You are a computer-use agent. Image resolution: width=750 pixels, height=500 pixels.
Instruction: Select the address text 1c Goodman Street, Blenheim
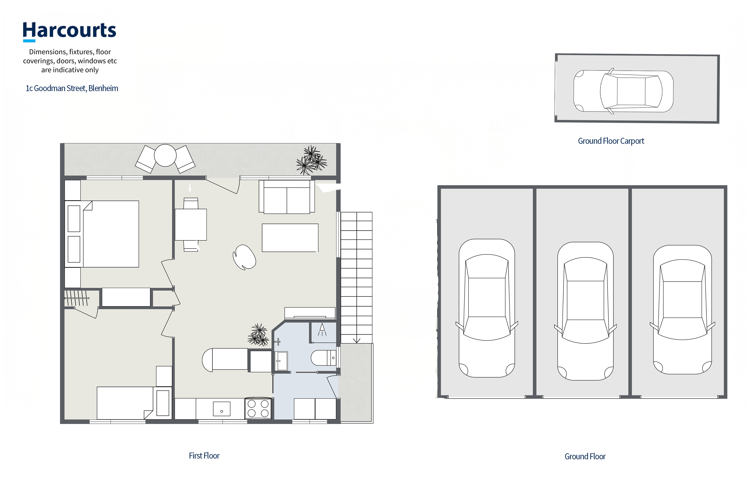72,88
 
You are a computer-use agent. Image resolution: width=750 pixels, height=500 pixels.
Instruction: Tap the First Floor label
204,456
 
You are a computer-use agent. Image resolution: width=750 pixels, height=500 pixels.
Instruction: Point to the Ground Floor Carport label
611,141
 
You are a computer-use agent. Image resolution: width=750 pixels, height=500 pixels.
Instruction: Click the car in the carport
623,91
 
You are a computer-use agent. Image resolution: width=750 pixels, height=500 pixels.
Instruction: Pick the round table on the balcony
165,155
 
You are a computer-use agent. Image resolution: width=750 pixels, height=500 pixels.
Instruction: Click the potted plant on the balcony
311,160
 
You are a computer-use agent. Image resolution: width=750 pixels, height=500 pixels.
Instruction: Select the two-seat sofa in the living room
287,197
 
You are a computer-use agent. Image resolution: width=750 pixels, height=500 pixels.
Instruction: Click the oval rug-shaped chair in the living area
244,257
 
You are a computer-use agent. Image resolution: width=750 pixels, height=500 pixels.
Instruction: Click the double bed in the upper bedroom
102,234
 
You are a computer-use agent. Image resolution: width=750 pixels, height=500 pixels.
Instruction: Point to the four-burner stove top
258,409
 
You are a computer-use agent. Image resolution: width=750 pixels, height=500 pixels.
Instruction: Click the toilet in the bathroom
323,358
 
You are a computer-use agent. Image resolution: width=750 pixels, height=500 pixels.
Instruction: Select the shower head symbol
322,329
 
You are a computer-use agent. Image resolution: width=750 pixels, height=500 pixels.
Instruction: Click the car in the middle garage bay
585,311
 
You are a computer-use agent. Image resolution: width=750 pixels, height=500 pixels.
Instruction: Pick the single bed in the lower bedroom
134,403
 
